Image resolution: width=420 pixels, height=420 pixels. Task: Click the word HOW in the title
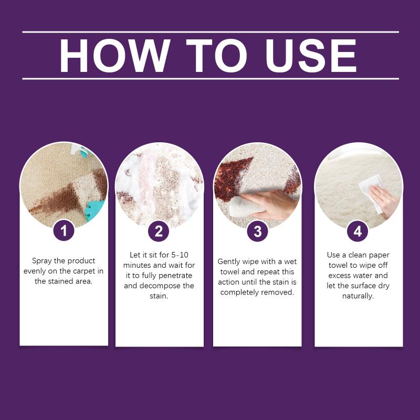pos(114,56)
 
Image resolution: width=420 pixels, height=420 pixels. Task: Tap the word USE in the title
pos(311,56)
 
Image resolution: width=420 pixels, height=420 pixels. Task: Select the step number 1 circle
pos(64,230)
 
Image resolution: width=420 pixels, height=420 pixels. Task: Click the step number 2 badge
pos(159,231)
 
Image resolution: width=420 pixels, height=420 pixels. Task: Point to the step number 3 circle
pos(257,231)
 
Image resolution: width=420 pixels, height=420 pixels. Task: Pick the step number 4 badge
pos(358,231)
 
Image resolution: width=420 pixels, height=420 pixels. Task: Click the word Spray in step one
pos(41,261)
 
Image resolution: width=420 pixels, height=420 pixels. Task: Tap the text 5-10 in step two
pos(180,255)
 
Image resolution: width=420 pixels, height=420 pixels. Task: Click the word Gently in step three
pos(228,261)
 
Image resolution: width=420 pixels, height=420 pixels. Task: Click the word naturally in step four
pos(358,296)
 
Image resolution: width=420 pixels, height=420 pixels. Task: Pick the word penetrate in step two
pos(176,276)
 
